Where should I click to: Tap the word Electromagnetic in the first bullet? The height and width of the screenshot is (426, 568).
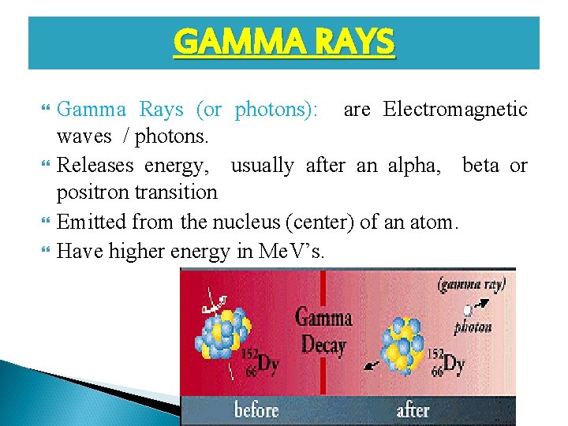(x=455, y=110)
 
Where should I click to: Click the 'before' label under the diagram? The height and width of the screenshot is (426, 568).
(x=256, y=410)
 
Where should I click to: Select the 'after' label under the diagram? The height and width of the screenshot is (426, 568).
(x=413, y=410)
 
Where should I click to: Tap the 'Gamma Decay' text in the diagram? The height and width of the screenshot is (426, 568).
(x=323, y=331)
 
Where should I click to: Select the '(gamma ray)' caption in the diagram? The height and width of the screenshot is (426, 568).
(x=472, y=283)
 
